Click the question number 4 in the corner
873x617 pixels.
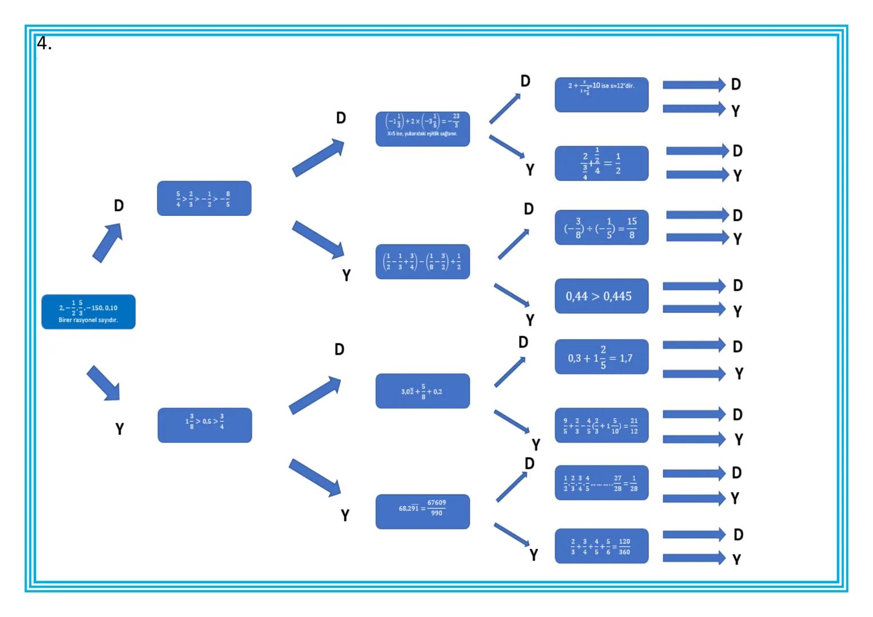(44, 43)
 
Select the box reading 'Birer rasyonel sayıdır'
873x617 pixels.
(88, 312)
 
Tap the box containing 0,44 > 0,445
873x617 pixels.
(601, 296)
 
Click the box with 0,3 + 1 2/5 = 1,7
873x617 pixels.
(601, 357)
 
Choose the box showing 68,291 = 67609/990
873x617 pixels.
(422, 511)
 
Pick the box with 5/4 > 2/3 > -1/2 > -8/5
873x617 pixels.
(204, 198)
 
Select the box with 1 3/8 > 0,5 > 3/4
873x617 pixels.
(205, 425)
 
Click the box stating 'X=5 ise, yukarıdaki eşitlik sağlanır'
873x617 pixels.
(422, 129)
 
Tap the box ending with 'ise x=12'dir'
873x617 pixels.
(601, 95)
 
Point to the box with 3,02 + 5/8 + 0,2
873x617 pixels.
(422, 391)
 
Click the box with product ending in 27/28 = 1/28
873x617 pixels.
(601, 483)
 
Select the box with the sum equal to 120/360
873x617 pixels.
(601, 546)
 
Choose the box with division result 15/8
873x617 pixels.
(601, 227)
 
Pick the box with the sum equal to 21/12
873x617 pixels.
(601, 425)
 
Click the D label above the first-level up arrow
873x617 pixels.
(119, 206)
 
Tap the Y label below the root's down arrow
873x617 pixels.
(119, 429)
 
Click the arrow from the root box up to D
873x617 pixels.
(108, 242)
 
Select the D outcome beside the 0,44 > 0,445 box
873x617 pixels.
(738, 286)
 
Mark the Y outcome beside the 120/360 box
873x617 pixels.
(737, 559)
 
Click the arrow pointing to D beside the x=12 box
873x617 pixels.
(693, 85)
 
